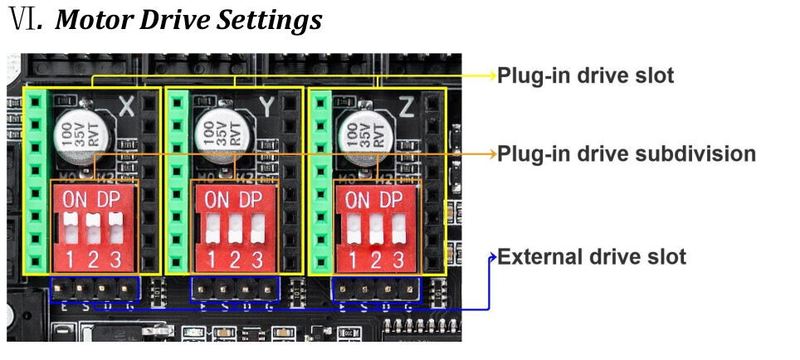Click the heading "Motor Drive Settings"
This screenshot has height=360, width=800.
coord(188,20)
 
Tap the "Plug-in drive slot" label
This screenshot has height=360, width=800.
coord(585,75)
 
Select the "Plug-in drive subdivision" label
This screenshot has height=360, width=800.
coord(627,153)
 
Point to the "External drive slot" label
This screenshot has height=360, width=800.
coord(592,256)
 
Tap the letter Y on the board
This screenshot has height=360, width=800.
coord(267,106)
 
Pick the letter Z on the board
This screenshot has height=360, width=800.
coord(407,106)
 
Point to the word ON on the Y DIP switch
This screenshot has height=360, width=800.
coord(217,200)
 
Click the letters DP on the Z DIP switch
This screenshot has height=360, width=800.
coord(390,200)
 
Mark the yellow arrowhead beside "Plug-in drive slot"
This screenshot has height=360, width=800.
coord(490,75)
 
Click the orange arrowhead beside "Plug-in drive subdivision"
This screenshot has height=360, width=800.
coord(490,153)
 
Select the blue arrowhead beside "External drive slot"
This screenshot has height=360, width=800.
coord(492,256)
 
